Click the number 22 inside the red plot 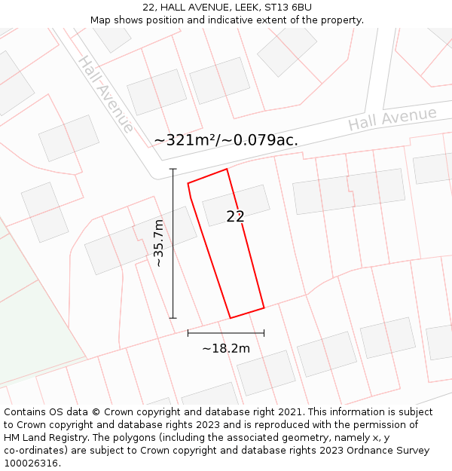(x=235, y=216)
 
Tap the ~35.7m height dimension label (x=159, y=243)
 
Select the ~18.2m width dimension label (x=226, y=348)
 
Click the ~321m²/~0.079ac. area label (x=226, y=140)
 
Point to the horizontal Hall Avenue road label (x=392, y=118)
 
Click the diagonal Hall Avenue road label (x=105, y=93)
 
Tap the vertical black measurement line (x=173, y=243)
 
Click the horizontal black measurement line (x=226, y=332)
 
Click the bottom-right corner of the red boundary (x=264, y=307)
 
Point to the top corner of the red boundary (x=227, y=169)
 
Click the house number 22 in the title (x=148, y=8)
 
